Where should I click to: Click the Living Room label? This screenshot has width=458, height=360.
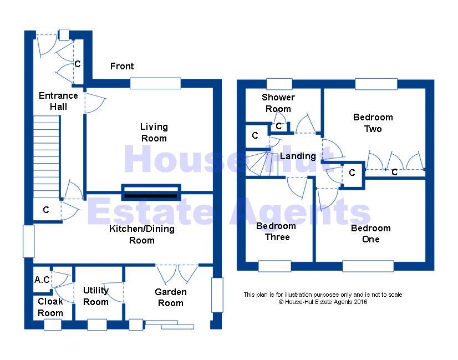(x=154, y=133)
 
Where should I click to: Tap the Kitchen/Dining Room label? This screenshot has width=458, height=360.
(x=141, y=235)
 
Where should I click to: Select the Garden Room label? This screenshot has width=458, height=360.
(x=170, y=297)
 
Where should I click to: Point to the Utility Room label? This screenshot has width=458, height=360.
(x=96, y=296)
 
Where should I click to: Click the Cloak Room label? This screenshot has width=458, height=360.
(x=50, y=307)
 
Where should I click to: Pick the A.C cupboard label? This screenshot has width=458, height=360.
(x=42, y=280)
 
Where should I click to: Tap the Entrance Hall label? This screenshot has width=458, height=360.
(x=58, y=101)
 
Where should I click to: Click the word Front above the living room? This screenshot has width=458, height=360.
(x=122, y=67)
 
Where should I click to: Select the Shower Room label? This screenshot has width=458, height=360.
(x=278, y=103)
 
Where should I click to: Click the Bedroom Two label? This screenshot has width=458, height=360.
(x=373, y=123)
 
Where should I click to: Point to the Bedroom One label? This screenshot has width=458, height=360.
(x=370, y=234)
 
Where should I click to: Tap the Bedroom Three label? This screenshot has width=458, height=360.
(x=276, y=231)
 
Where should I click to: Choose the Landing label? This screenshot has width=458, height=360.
(x=298, y=156)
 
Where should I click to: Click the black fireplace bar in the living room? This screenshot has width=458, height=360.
(x=151, y=196)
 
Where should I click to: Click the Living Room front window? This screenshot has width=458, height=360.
(x=156, y=83)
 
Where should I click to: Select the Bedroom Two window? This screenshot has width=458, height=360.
(x=376, y=84)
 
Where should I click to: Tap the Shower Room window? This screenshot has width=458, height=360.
(x=279, y=84)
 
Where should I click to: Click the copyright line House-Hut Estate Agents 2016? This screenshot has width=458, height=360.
(x=323, y=302)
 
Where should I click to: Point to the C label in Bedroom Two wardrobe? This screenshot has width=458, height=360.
(x=395, y=173)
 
